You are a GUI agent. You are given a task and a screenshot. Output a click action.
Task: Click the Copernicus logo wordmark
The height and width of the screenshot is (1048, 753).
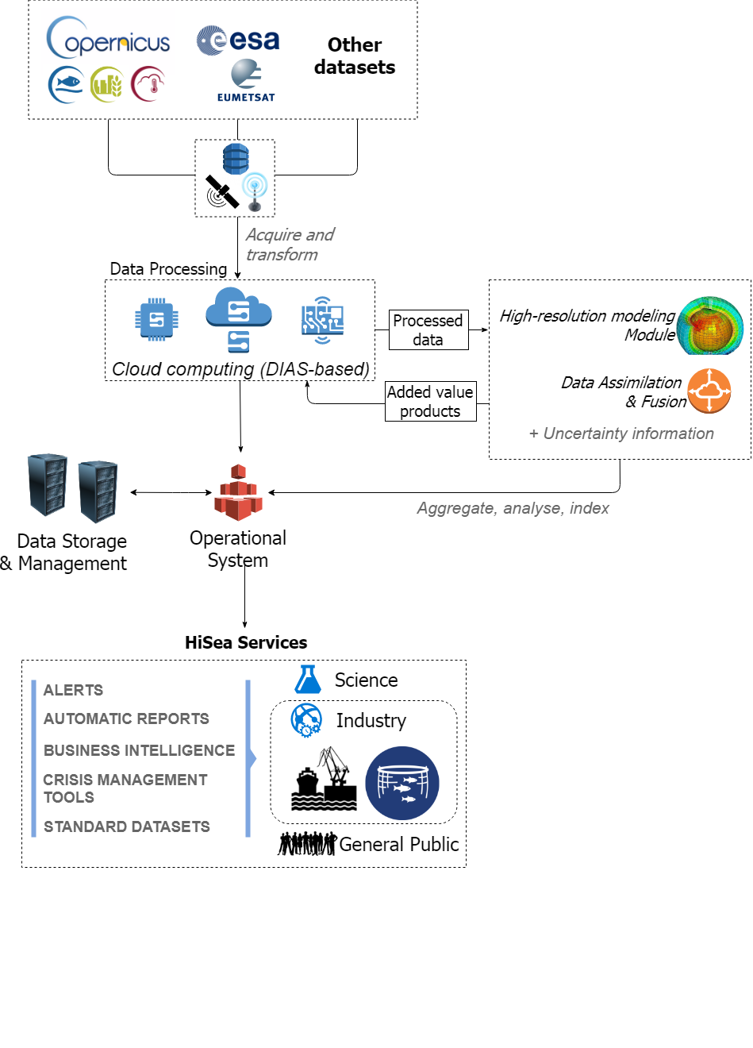108,37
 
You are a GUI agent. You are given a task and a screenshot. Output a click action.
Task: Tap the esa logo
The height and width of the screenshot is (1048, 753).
237,40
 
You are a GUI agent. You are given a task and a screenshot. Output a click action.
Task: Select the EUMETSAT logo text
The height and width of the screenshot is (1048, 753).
246,98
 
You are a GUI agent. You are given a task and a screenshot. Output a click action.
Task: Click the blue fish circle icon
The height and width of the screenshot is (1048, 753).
67,85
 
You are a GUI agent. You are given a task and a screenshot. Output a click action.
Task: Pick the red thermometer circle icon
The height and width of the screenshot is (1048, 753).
148,84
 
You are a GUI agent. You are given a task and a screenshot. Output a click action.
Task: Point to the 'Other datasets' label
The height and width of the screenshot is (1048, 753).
355,56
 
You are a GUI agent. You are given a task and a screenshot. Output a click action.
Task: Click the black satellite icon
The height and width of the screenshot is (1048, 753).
221,191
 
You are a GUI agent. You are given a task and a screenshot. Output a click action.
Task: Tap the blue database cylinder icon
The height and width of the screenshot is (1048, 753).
236,159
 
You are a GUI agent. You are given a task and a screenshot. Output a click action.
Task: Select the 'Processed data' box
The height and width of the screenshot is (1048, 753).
428,329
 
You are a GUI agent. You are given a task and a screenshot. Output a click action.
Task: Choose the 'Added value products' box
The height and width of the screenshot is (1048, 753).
430,401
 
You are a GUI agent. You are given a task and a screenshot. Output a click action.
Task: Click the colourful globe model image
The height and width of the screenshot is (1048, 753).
709,326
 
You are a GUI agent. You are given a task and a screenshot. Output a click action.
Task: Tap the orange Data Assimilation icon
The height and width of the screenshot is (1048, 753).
709,391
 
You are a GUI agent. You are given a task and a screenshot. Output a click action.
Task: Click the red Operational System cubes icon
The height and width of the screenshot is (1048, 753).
238,492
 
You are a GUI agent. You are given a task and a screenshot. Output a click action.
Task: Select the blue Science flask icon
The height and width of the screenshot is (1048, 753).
308,679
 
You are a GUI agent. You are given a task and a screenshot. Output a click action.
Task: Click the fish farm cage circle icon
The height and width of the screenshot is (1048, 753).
401,783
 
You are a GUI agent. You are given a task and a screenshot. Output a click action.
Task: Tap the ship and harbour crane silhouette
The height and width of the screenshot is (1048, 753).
324,779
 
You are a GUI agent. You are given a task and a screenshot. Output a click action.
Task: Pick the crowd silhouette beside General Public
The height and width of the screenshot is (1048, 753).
307,843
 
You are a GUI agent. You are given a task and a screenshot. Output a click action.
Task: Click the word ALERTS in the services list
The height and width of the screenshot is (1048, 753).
73,690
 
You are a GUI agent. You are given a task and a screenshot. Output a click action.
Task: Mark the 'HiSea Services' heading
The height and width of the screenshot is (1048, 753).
246,642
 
